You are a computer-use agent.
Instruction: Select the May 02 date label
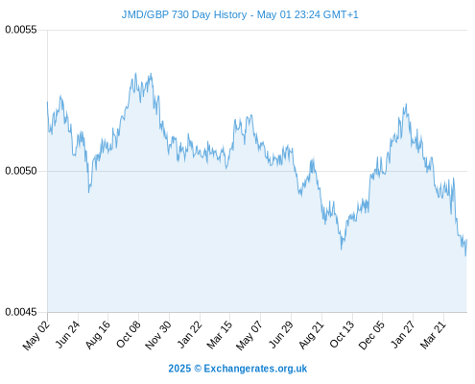coord(36,335)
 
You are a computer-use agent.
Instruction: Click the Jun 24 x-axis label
coord(67,334)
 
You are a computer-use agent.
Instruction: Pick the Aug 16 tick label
coord(98,335)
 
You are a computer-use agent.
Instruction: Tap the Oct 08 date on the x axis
coord(128,335)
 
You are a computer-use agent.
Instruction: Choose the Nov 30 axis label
coord(158,335)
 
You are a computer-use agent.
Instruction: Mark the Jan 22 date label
coord(189,334)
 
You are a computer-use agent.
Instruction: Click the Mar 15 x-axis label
coord(219,335)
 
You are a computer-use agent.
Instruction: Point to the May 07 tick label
coord(249,335)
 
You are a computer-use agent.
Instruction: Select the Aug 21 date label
coord(311,335)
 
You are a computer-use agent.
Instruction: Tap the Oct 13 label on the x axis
coord(342,334)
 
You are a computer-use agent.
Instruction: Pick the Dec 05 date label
coord(371,335)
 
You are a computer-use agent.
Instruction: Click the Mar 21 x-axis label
coord(433,335)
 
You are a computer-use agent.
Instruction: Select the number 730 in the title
coord(180,14)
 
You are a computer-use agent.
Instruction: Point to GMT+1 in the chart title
coord(341,14)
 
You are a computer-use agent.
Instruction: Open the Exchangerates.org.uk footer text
coord(255,369)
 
